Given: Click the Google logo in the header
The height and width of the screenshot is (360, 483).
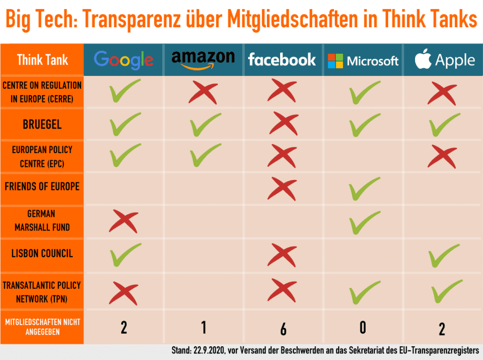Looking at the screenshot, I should [124, 60].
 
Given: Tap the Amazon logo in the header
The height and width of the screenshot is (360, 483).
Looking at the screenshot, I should [203, 59].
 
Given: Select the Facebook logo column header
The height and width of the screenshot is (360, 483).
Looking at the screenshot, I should [282, 59].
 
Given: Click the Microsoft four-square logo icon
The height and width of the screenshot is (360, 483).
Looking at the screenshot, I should [335, 61].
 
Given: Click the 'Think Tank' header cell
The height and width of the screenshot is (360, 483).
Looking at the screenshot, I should [42, 60].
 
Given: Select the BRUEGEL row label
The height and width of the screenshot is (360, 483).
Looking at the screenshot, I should [42, 124].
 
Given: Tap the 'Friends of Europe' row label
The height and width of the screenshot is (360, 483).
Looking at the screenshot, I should [42, 186].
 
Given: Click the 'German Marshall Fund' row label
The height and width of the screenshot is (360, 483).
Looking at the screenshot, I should [42, 221].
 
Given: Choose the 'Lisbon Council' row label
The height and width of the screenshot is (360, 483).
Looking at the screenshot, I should [42, 254].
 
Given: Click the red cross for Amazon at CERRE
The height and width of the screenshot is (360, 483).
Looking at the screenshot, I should [203, 93].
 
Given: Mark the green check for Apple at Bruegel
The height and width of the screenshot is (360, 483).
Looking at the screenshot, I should [444, 124].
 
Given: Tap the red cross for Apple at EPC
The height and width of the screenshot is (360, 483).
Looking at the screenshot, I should [442, 156].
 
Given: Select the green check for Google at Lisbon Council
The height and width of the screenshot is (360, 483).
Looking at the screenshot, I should [125, 254].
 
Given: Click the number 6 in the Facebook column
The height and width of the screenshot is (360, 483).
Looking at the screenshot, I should [283, 329].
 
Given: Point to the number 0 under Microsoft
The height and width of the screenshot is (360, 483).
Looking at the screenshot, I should [363, 327].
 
